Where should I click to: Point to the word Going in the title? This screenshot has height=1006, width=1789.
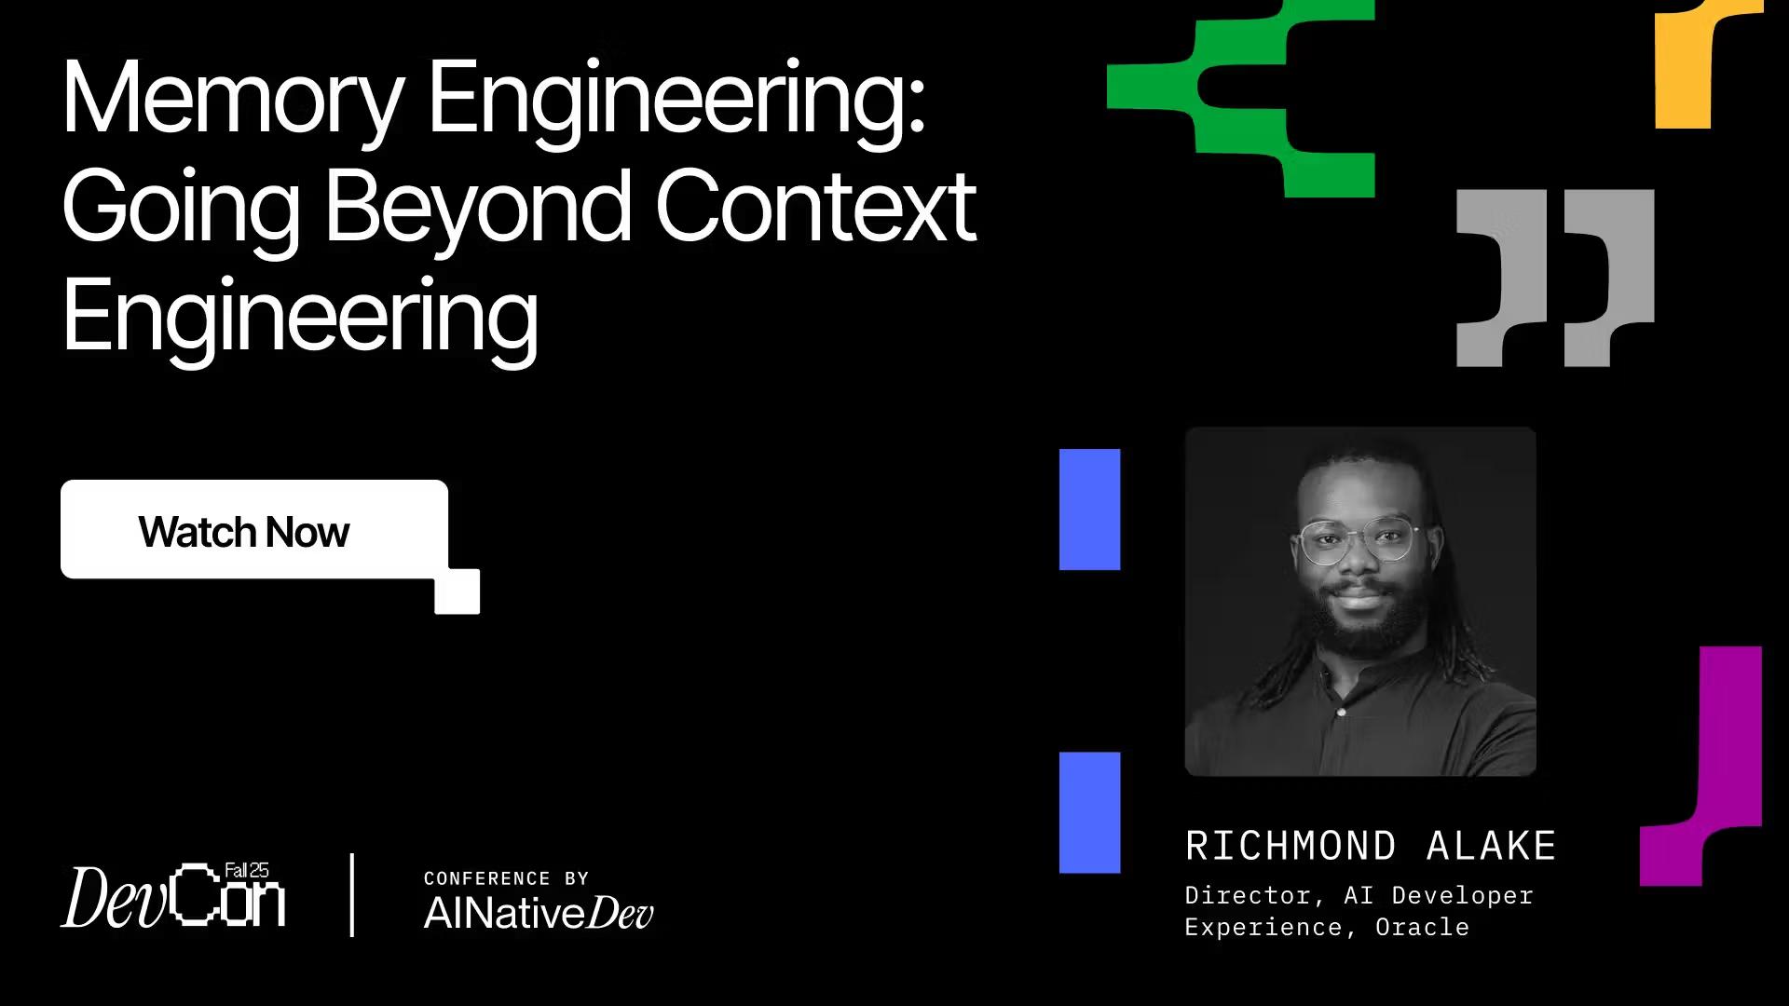[x=181, y=209]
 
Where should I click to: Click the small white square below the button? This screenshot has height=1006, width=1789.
[x=457, y=591]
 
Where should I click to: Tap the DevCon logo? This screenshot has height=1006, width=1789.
[x=173, y=897]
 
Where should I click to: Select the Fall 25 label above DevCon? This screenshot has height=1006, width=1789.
[x=247, y=870]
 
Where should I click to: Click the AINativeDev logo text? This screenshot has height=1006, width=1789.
[x=539, y=913]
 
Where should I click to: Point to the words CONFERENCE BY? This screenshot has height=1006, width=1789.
[x=506, y=878]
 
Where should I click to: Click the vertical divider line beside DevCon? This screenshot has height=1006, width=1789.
[x=352, y=894]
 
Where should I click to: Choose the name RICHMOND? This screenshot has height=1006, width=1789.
[x=1291, y=846]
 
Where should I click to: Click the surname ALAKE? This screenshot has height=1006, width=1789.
[x=1491, y=846]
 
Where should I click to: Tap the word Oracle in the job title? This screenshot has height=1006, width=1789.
[x=1422, y=927]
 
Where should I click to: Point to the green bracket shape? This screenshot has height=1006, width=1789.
[x=1239, y=93]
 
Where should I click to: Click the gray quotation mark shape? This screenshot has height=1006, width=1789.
[x=1554, y=277]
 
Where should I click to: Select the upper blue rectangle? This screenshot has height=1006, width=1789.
[x=1089, y=509]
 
